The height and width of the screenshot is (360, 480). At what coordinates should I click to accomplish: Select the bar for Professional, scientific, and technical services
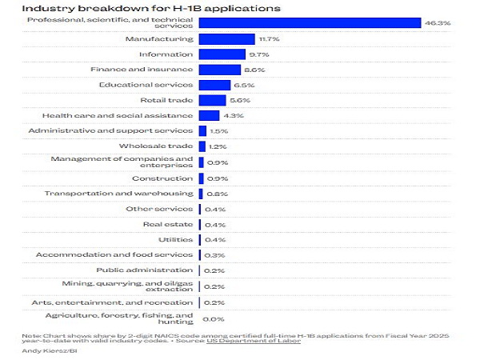pos(310,23)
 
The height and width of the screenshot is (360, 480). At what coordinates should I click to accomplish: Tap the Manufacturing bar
pos(226,38)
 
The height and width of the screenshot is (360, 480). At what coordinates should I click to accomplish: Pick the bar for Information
pos(222,54)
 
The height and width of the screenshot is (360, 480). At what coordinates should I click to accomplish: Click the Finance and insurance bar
pos(218,70)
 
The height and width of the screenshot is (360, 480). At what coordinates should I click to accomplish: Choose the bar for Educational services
pos(214,85)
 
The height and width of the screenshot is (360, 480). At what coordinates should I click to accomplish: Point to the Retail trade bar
pos(212,100)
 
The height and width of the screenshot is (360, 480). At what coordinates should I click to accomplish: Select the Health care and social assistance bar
pos(209,115)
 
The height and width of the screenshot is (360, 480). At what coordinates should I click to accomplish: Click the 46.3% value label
pos(438,23)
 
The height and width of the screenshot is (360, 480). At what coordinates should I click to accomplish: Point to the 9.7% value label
pos(258,54)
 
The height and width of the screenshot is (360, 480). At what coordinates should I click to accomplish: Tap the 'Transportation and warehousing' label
pos(118,194)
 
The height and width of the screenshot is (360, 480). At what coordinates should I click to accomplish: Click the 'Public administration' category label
pos(144,270)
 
